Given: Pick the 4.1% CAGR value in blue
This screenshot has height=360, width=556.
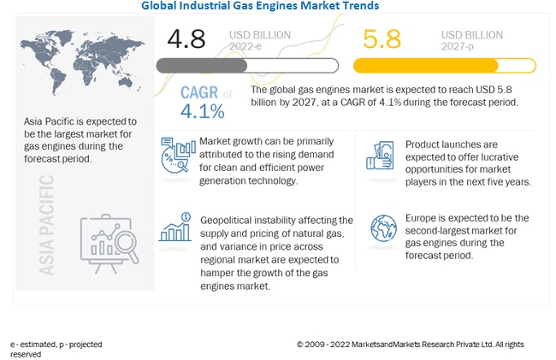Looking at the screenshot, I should pos(202,111).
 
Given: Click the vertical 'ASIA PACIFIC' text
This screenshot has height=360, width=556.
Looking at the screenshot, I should pos(46,224).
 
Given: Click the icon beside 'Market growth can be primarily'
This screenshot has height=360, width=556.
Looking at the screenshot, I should pos(175,156).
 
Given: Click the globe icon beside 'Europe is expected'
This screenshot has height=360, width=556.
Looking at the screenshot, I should pos(383,228).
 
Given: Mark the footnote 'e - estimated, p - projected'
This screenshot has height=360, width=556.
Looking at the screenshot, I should pos(56,345).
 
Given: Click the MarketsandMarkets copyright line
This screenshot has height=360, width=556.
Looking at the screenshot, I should pos(410,345).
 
